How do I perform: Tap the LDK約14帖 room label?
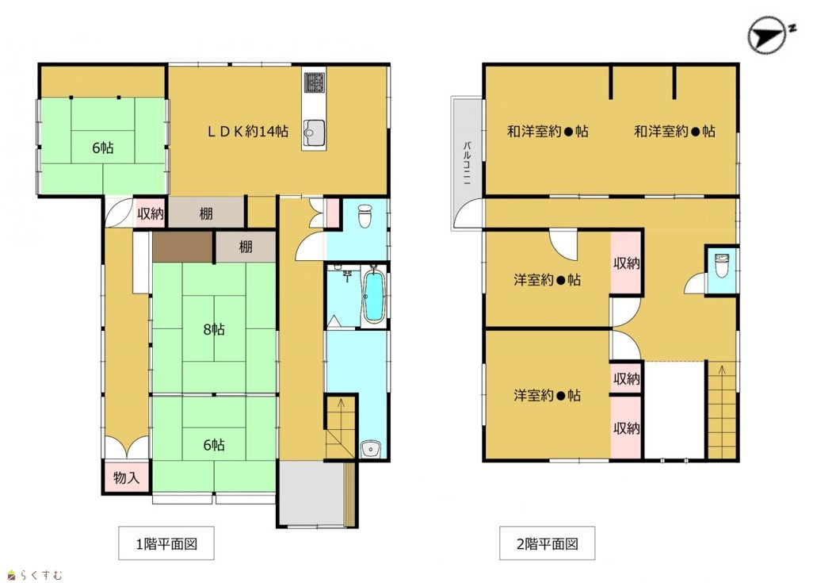click(x=248, y=132)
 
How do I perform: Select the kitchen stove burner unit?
click(x=314, y=82)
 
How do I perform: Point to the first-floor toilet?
click(x=365, y=216)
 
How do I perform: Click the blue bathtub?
click(x=373, y=297)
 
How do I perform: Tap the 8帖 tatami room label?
click(x=214, y=329)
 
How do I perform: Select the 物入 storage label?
click(x=125, y=478)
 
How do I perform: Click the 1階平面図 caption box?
click(x=166, y=543)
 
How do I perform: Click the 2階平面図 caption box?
click(x=547, y=543)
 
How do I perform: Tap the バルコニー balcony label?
click(x=468, y=162)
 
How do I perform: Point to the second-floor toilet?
click(x=722, y=266)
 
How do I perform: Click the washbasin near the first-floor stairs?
click(x=371, y=448)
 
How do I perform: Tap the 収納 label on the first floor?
click(x=151, y=213)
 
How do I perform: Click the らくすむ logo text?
click(x=42, y=575)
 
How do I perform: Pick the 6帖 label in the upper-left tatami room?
click(x=103, y=148)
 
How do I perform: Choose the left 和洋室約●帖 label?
click(x=548, y=132)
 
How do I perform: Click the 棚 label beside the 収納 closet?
click(x=206, y=213)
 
